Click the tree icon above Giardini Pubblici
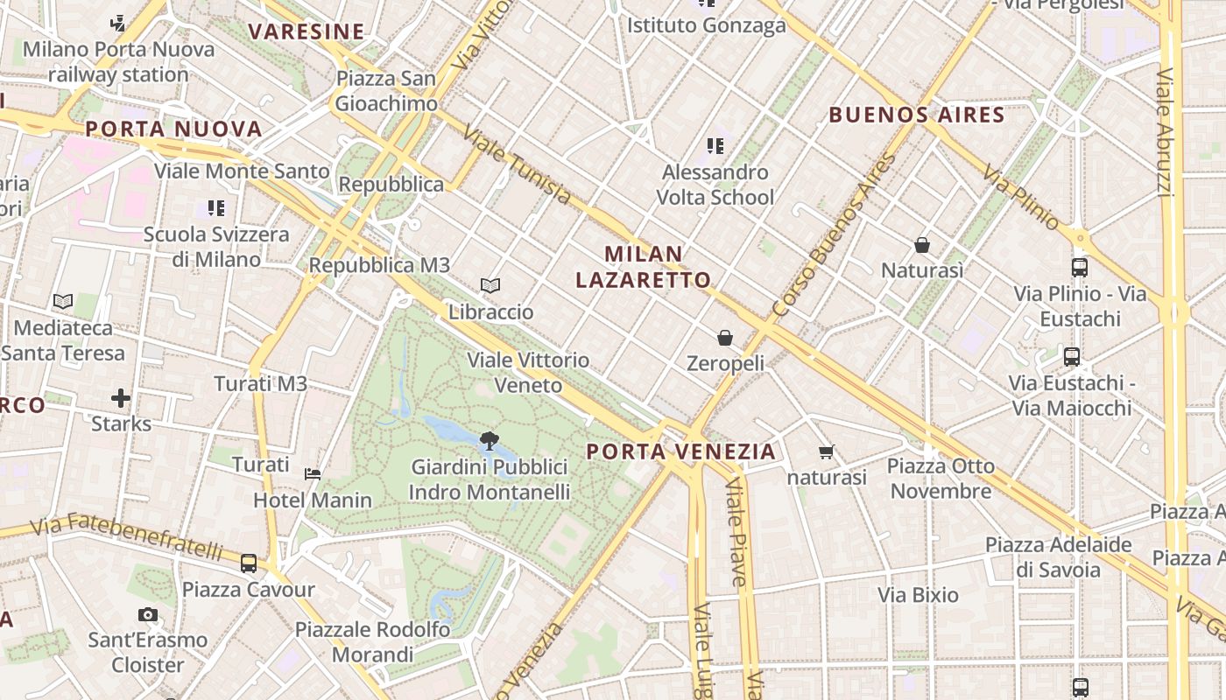[489, 440]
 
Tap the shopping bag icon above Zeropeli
[725, 337]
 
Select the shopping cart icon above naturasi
[826, 451]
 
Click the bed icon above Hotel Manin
[313, 474]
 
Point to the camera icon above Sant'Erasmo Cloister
[148, 614]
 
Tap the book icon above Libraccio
[490, 285]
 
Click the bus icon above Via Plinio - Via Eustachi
[1079, 268]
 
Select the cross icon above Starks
[121, 399]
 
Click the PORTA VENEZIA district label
[680, 451]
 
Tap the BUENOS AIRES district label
[917, 115]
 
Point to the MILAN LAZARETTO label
[644, 267]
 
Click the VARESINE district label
[306, 32]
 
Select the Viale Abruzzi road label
[1166, 131]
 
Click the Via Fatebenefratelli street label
[126, 537]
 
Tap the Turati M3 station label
[261, 383]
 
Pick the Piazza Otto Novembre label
[941, 478]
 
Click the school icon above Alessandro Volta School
[715, 145]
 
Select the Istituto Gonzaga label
[706, 25]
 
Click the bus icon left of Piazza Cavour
[249, 563]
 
